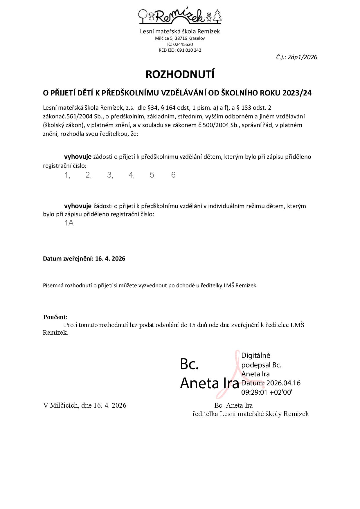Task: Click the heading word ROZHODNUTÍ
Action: pyautogui.click(x=180, y=75)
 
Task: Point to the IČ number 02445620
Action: pyautogui.click(x=183, y=44)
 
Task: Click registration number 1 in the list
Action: pyautogui.click(x=67, y=175)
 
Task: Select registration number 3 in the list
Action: pyautogui.click(x=109, y=175)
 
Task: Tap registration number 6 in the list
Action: pyautogui.click(x=173, y=175)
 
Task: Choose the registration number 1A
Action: pyautogui.click(x=69, y=223)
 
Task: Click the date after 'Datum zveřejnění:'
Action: pyautogui.click(x=110, y=259)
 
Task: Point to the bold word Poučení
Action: pyautogui.click(x=55, y=317)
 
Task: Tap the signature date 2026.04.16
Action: pyautogui.click(x=283, y=383)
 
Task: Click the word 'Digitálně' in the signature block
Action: pyautogui.click(x=256, y=355)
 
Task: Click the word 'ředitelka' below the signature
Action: pyautogui.click(x=205, y=414)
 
